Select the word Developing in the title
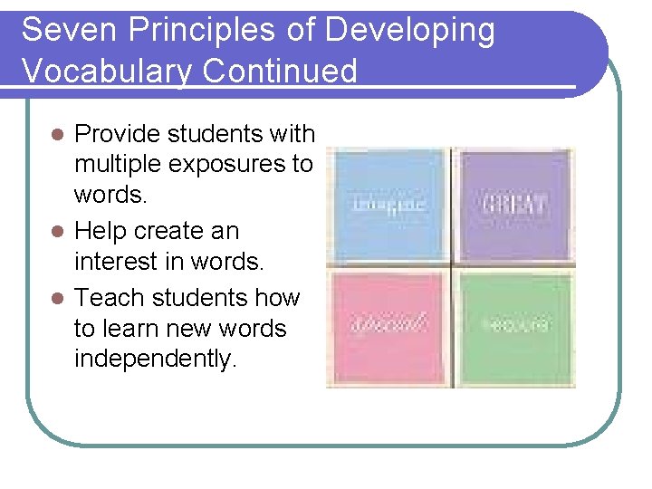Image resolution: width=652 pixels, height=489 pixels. point(411,31)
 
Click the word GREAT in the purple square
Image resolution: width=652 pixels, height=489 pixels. point(513,203)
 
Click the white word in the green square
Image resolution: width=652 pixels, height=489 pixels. point(514,323)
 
